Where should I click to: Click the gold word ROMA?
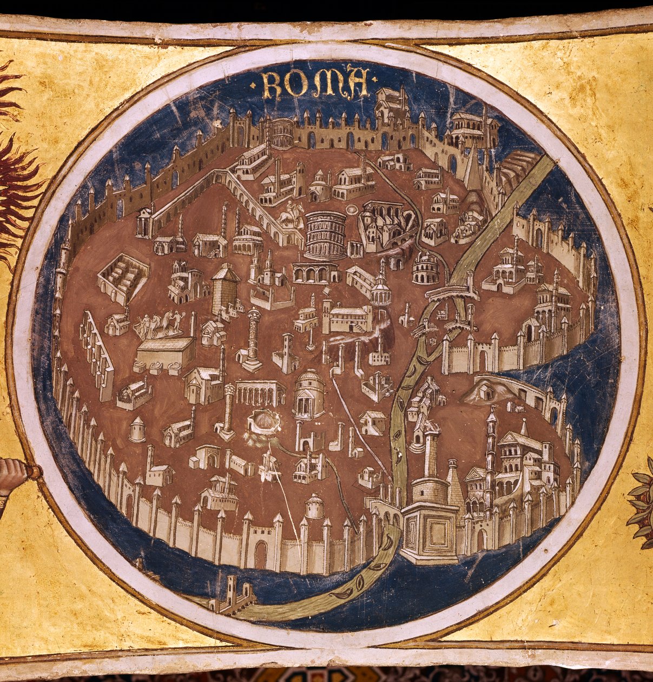pyautogui.click(x=315, y=83)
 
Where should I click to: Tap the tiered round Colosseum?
pyautogui.click(x=325, y=235)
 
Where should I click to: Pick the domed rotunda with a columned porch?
pyautogui.click(x=309, y=394)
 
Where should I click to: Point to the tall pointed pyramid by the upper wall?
pyautogui.click(x=472, y=168)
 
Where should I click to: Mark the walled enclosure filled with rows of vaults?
pyautogui.click(x=122, y=278)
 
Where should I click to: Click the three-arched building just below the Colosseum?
pyautogui.click(x=315, y=273)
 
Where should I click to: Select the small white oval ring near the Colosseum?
pyautogui.click(x=352, y=209)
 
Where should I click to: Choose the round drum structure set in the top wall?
pyautogui.click(x=282, y=133)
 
